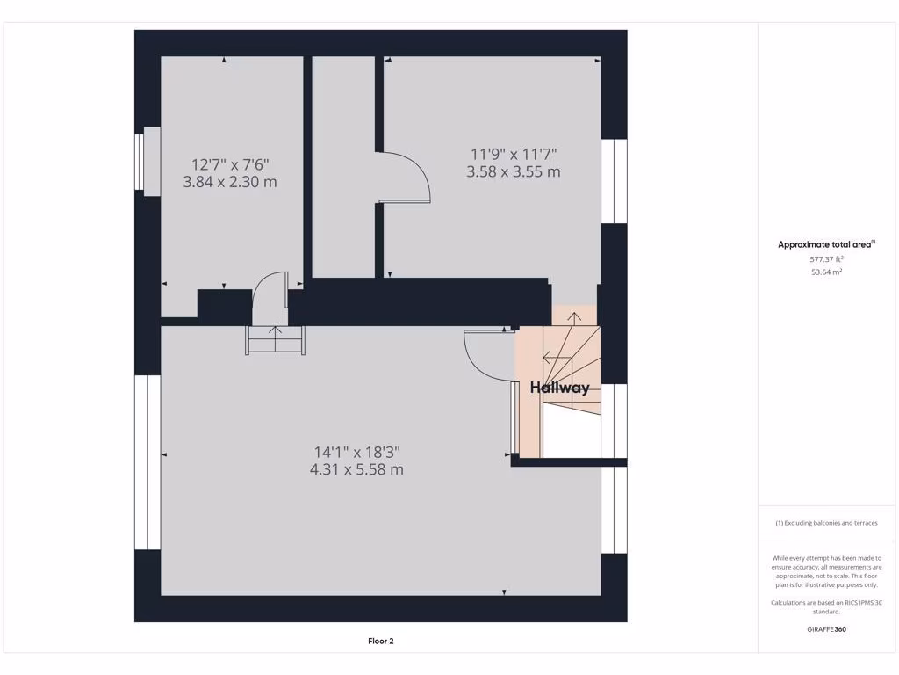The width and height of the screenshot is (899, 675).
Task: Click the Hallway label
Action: pos(559,388)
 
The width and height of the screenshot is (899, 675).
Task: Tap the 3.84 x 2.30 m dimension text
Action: pos(230,182)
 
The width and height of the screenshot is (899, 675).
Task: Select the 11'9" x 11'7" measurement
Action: pos(514,154)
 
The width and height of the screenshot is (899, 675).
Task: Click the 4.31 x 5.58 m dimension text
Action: pos(356,469)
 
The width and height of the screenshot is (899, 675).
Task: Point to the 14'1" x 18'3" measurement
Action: pos(356,452)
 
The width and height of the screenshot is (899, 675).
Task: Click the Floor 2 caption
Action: pos(380,642)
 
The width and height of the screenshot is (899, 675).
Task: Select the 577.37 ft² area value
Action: pos(826,259)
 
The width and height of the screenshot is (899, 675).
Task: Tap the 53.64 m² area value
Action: pos(826,272)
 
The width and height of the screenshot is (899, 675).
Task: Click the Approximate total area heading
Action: pos(826,244)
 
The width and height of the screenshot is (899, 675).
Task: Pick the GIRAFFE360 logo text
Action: pos(826,629)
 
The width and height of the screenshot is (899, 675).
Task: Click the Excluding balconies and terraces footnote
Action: pos(826,523)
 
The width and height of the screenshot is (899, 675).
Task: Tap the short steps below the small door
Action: pos(276,340)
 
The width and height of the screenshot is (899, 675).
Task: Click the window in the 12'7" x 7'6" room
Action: pos(140,162)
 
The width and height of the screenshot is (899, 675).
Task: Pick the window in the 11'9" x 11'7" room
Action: pos(619,181)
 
